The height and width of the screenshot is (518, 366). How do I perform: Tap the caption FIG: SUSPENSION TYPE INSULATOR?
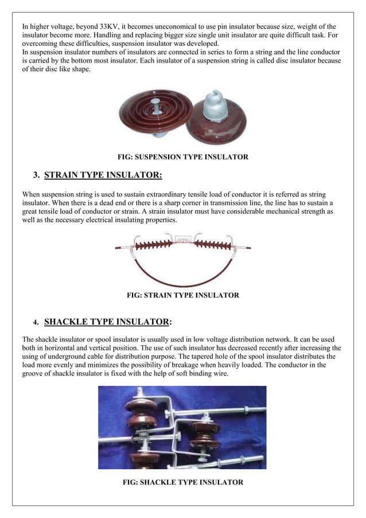[x=182, y=157]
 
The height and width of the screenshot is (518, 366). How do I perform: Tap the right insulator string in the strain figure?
[x=214, y=245]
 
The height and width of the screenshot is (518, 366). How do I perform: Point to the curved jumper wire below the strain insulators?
[x=182, y=279]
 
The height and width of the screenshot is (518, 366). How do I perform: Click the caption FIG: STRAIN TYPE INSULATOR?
[x=182, y=295]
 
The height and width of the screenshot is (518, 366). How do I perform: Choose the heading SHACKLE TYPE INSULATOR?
[x=108, y=321]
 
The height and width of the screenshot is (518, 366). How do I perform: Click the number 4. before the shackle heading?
[x=36, y=322]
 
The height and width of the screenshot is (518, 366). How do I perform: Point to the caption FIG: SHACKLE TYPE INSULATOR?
[x=182, y=482]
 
